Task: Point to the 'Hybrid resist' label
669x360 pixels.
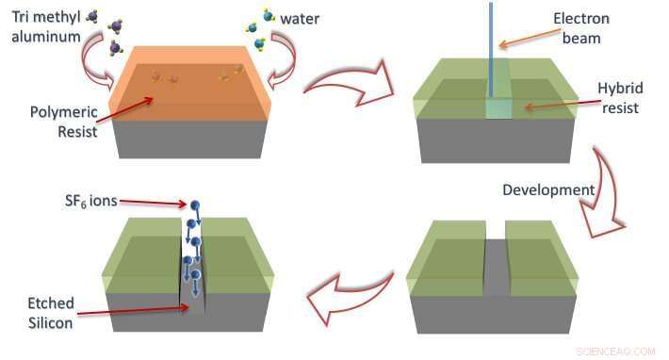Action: point(619,98)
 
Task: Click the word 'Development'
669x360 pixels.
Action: point(548,189)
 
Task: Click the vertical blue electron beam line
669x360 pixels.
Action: point(493,47)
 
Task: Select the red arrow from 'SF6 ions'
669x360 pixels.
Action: point(151,200)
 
